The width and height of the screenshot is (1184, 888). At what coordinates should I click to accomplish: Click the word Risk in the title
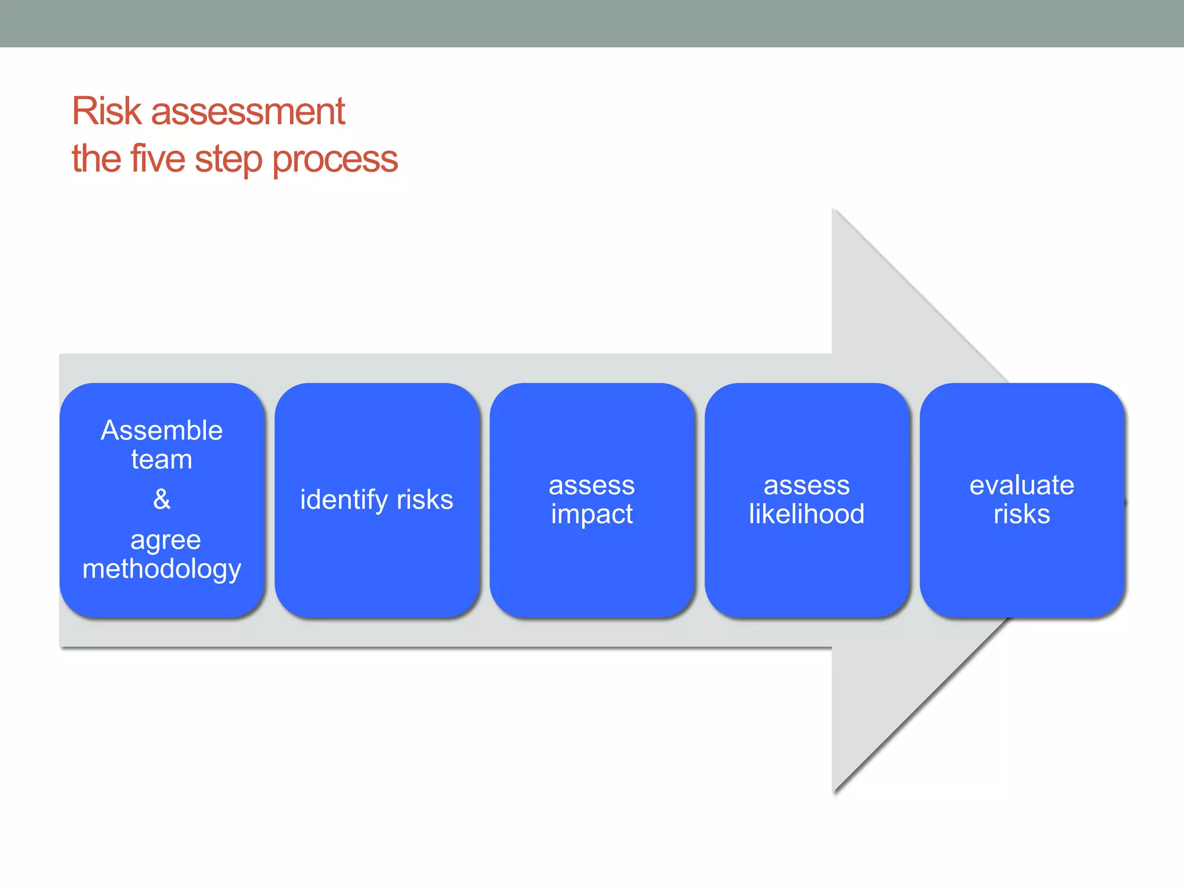[106, 111]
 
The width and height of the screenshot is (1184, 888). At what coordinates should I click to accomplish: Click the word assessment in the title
[248, 112]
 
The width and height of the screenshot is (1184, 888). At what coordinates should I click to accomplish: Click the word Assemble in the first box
[161, 431]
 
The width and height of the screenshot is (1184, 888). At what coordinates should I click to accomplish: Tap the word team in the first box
[161, 460]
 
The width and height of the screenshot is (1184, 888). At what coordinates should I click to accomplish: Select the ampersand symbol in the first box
[162, 499]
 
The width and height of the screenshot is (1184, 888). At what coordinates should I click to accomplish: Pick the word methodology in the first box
[161, 569]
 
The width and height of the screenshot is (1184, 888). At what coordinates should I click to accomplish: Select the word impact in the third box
[591, 515]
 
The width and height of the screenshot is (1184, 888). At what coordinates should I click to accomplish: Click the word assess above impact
[591, 486]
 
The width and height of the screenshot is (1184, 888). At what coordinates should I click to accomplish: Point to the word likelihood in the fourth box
[806, 514]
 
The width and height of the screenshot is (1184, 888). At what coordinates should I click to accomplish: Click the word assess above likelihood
[806, 486]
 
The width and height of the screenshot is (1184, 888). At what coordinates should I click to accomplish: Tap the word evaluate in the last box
[1022, 486]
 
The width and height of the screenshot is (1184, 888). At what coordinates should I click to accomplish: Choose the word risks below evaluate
[1022, 514]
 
